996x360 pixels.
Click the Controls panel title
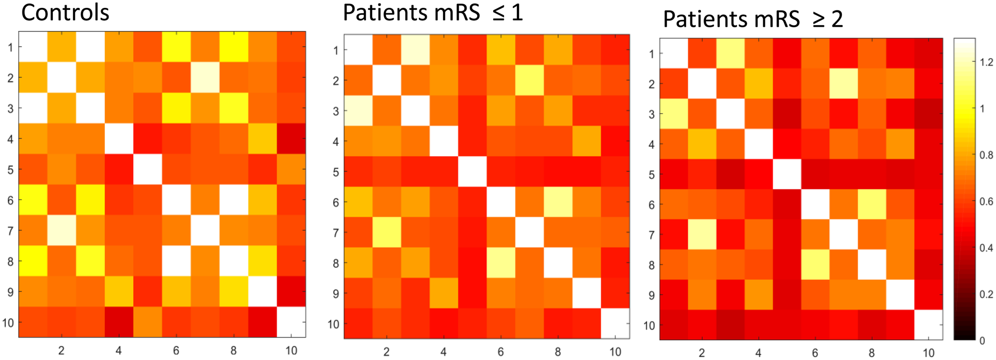tap(65, 13)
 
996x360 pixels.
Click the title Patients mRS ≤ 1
tap(433, 13)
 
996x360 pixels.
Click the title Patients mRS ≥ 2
tap(753, 19)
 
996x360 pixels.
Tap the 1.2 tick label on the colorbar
tap(986, 62)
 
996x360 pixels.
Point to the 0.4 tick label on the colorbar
tap(986, 248)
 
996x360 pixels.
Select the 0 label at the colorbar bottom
tap(982, 341)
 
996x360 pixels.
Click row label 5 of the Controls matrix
tap(10, 169)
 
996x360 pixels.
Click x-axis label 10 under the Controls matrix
tap(291, 351)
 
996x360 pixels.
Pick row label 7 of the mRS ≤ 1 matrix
tap(335, 232)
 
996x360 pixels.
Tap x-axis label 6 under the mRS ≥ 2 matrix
tap(815, 353)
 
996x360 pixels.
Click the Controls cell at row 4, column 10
tap(291, 139)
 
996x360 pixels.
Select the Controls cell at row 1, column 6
tap(176, 47)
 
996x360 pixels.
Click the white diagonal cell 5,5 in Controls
tap(147, 169)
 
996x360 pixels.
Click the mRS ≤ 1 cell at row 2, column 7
tap(529, 80)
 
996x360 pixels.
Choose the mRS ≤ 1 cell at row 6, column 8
tap(558, 202)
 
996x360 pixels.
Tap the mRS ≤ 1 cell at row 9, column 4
tap(443, 293)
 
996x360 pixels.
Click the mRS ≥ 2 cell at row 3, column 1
tap(674, 114)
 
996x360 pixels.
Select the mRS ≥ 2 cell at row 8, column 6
tap(815, 265)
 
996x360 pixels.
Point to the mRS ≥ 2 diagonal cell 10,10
tap(928, 325)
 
